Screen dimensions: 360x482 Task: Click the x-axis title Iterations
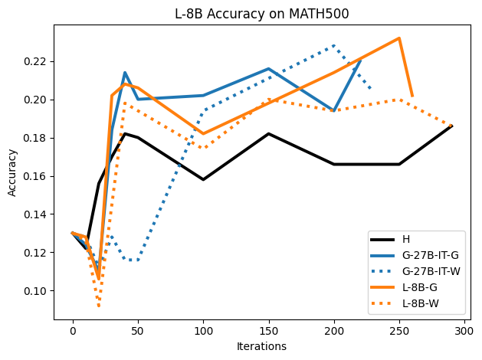click(262, 346)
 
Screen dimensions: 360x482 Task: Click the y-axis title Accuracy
click(12, 172)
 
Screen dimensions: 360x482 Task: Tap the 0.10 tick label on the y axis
click(36, 291)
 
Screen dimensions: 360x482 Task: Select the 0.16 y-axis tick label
click(36, 176)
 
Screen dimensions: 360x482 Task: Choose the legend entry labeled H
click(405, 239)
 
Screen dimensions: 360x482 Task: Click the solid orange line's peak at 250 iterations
click(399, 38)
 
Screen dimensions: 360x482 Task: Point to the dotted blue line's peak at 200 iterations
click(334, 46)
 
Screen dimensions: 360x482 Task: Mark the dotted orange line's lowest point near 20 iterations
click(99, 306)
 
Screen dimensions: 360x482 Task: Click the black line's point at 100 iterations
click(203, 180)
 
